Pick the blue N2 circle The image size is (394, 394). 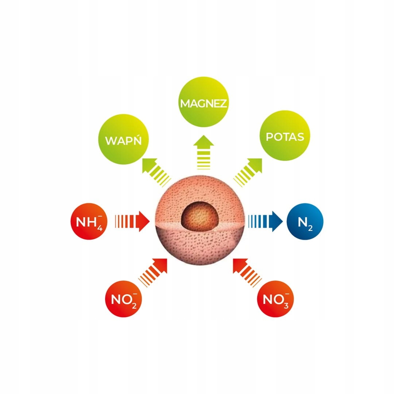(x=305, y=221)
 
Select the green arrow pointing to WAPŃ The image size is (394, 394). (x=155, y=171)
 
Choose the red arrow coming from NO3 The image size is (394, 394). (x=246, y=271)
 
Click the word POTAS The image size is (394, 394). (x=285, y=137)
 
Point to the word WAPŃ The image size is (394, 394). (x=123, y=141)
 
